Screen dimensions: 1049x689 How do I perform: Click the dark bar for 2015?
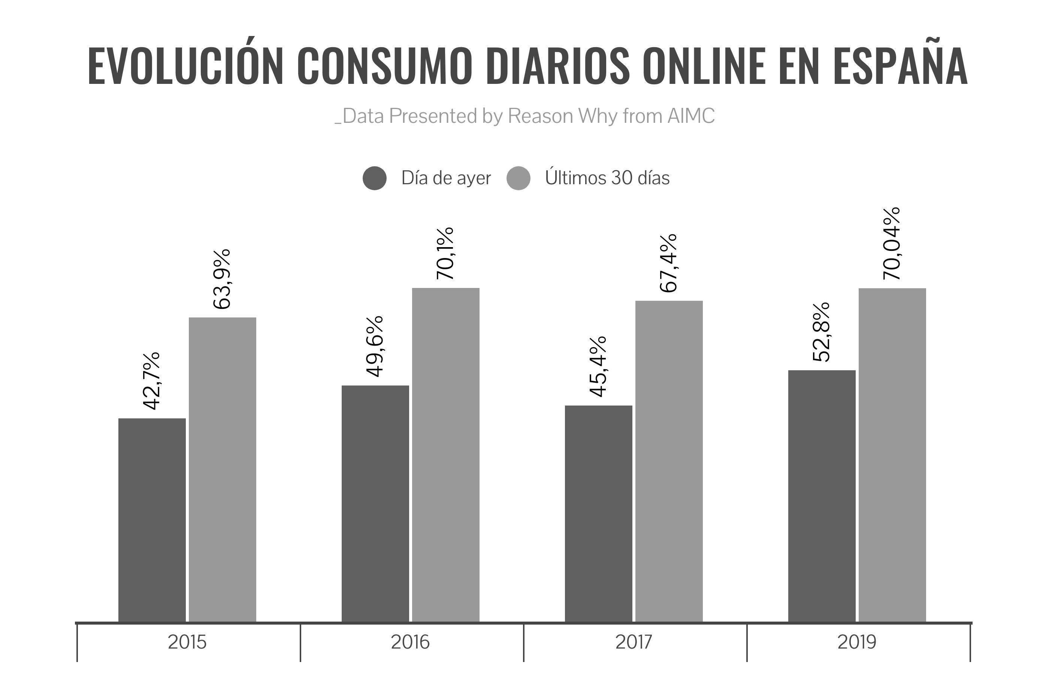[x=152, y=520]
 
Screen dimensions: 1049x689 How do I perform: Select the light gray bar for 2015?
[x=223, y=470]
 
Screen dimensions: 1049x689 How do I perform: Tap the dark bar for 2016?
[x=375, y=504]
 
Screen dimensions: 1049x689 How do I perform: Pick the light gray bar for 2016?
[x=445, y=455]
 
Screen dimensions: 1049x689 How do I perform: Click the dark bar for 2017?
[x=599, y=514]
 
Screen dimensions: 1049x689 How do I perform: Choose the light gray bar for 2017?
[x=669, y=461]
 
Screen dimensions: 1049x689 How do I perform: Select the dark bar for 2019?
[x=822, y=496]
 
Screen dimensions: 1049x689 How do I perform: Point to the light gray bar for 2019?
[x=892, y=455]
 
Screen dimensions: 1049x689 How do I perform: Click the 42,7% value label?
[x=151, y=380]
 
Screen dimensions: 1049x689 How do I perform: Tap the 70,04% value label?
[x=892, y=244]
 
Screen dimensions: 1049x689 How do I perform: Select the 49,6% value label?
[x=375, y=346]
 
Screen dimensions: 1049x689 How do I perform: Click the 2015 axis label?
[x=187, y=642]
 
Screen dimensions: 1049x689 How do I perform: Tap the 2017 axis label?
[x=634, y=642]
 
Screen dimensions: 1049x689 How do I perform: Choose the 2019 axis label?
[x=857, y=642]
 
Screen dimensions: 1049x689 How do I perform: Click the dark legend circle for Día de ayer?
[x=375, y=178]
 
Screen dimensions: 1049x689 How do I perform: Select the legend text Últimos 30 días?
[x=607, y=178]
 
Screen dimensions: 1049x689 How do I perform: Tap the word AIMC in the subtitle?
[x=691, y=116]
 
